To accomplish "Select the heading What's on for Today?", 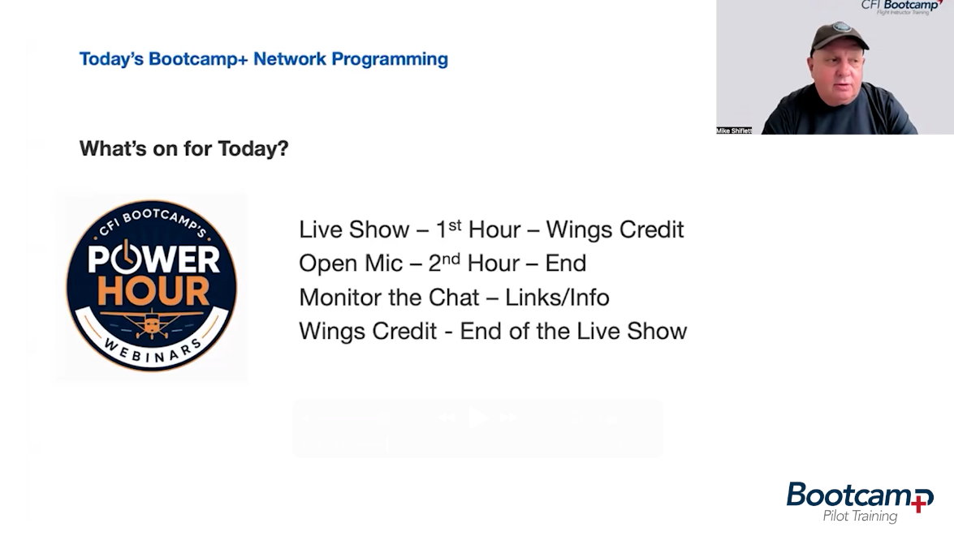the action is [183, 148].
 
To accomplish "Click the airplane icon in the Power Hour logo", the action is [152, 323].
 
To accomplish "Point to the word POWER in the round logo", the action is [153, 259].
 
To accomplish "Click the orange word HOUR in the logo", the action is [153, 292].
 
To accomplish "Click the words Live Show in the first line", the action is [353, 229].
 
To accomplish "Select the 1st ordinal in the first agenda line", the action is [448, 229].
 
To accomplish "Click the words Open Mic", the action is [351, 264].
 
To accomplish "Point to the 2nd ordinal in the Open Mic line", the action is [444, 263].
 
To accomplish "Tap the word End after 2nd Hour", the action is [565, 264].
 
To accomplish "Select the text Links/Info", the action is [557, 298].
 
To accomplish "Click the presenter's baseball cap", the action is [839, 37].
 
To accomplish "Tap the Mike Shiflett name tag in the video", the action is [734, 131].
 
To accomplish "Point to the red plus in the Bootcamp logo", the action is [922, 501].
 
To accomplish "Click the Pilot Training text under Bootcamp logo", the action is [860, 516].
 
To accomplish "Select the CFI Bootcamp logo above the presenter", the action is [902, 6].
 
